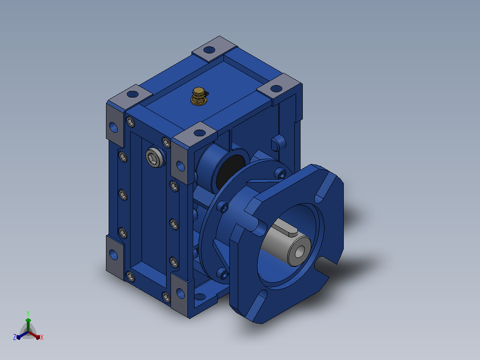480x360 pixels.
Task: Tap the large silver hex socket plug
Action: point(155,157)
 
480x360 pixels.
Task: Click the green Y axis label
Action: point(28,314)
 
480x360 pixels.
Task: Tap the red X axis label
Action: point(42,337)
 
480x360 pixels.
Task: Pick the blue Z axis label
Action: point(15,337)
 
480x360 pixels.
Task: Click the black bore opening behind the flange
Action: point(230,172)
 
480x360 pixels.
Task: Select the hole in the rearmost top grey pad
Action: point(209,49)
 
